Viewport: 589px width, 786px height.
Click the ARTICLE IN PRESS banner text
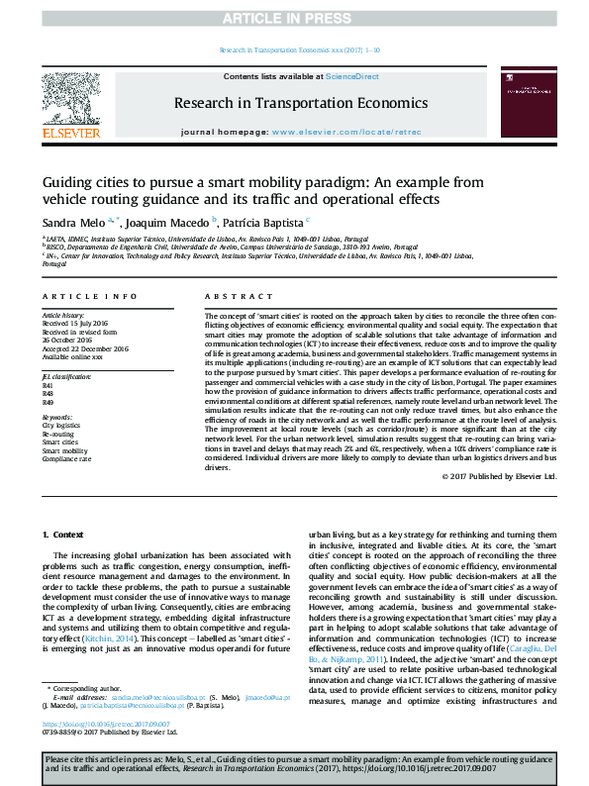coord(294,18)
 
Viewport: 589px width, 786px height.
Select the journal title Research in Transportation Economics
coord(301,102)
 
